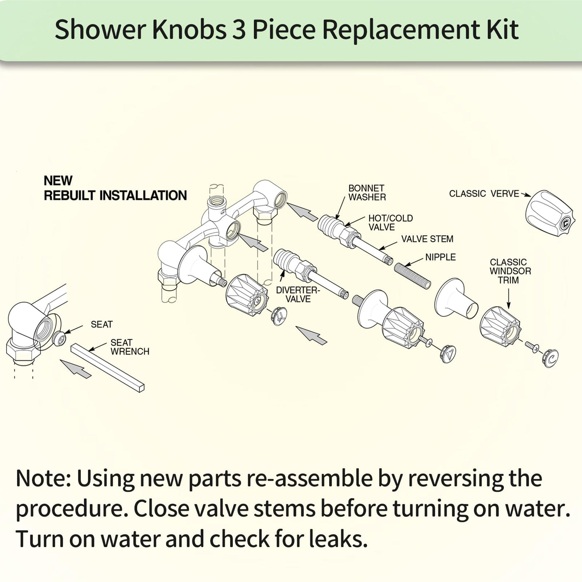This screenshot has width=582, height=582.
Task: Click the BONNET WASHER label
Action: click(x=367, y=193)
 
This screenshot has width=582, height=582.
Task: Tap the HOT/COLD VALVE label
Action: click(x=390, y=222)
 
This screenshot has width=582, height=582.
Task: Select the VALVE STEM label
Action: click(x=427, y=239)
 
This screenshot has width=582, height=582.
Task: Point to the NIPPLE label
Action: click(x=440, y=257)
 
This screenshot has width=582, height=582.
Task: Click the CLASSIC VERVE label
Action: click(x=484, y=194)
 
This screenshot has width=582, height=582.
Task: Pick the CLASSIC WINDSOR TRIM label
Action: click(x=510, y=271)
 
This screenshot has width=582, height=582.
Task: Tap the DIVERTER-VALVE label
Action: click(x=298, y=294)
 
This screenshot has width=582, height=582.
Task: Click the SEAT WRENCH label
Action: click(x=130, y=347)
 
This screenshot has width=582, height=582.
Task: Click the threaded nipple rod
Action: click(x=412, y=276)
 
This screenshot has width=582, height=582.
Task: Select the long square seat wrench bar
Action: click(x=108, y=368)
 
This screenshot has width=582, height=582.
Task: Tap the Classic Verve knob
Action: click(x=549, y=215)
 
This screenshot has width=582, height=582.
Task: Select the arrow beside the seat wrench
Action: click(x=75, y=369)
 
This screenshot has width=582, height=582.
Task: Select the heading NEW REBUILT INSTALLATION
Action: click(x=116, y=188)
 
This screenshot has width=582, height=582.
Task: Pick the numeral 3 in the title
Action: click(x=239, y=30)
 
